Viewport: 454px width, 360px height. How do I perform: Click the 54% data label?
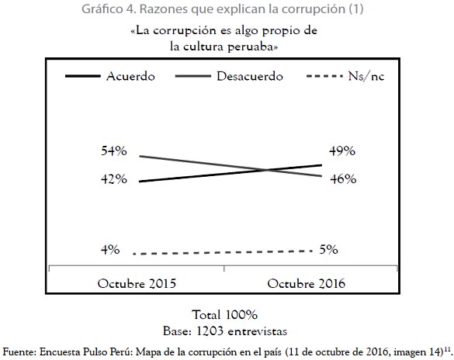pos(114,151)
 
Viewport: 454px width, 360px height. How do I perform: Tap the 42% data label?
pos(114,179)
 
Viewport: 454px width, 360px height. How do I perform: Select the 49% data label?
pos(342,151)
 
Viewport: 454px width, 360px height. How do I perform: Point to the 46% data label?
pos(343,179)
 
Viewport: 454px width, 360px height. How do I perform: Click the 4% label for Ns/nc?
pos(110,250)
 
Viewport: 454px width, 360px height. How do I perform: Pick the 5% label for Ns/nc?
pos(328,250)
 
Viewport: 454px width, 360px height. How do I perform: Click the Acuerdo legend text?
pos(130,76)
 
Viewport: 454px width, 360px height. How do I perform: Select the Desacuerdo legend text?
pos(250,76)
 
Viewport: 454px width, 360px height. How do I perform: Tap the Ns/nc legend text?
pos(366,76)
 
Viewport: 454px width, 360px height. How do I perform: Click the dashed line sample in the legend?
pos(324,76)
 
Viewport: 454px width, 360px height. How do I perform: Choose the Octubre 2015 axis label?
pos(137,284)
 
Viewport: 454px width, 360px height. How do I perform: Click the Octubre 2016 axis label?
pos(306,284)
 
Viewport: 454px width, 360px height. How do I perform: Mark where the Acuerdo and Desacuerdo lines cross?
pos(266,170)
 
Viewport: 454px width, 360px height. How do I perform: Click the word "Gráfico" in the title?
pos(102,9)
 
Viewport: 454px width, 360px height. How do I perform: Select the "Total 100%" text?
pos(225,315)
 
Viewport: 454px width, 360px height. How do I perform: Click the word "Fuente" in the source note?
pos(19,352)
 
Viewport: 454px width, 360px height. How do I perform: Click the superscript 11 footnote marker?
pos(447,349)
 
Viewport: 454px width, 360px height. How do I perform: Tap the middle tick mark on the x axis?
pos(224,268)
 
